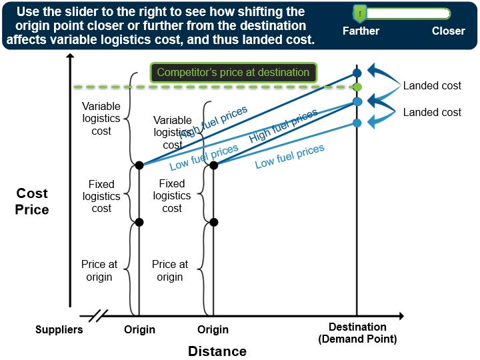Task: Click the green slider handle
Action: coord(359,13)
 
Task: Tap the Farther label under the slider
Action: coord(361,31)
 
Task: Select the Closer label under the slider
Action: coord(448,31)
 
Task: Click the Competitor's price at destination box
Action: coord(233,73)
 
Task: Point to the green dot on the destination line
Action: coord(357,87)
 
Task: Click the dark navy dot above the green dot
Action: coord(357,73)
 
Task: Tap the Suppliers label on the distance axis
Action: coord(59,329)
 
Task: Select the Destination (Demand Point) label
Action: coord(357,333)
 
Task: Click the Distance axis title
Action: coord(217,351)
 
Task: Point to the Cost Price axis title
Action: coord(32,201)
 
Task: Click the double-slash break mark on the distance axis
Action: coord(97,315)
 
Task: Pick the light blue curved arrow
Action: coord(379,119)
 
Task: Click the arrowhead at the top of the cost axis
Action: coord(69,57)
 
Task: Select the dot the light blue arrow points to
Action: coord(357,123)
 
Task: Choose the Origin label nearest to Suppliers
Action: coord(139,329)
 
